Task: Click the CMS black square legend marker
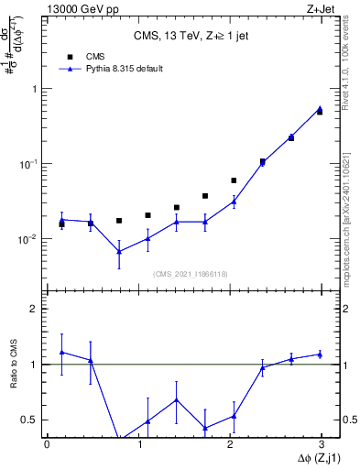click(70, 57)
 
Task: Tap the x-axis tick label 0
click(47, 444)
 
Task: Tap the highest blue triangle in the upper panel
click(320, 108)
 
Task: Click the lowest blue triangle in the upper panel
click(119, 251)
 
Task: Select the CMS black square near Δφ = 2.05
click(234, 180)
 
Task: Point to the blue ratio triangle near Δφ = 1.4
click(177, 399)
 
